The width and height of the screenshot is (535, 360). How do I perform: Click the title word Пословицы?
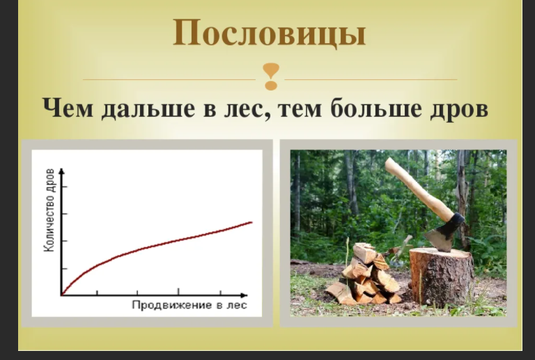269,33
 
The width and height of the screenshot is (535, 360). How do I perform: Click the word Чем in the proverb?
70,110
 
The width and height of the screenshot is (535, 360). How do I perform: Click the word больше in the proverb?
370,110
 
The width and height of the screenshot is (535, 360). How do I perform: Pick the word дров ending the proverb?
456,110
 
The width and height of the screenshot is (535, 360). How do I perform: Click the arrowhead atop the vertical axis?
62,171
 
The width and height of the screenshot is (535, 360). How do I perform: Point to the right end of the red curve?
251,222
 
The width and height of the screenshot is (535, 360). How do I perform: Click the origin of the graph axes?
62,295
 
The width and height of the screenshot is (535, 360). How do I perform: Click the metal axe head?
445,233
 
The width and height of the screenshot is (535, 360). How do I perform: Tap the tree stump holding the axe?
440,276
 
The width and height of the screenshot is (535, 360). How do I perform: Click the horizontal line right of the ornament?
369,79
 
